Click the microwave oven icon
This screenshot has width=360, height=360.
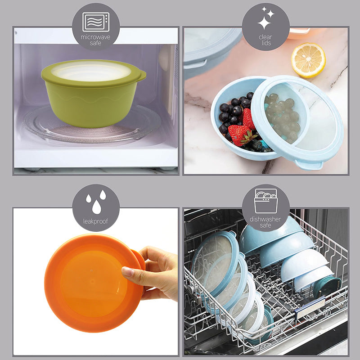[96, 22]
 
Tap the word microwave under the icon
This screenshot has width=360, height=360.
[95, 37]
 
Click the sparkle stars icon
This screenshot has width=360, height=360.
[266, 18]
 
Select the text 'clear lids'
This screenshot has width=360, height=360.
[265, 40]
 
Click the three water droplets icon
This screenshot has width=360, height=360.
[96, 202]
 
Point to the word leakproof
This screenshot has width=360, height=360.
[95, 221]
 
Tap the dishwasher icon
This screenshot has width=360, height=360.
[265, 201]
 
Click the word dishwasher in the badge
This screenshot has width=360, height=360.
[265, 219]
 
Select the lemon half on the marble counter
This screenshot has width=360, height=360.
[308, 60]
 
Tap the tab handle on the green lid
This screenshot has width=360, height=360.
[142, 76]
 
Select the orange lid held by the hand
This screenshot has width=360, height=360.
[94, 283]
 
